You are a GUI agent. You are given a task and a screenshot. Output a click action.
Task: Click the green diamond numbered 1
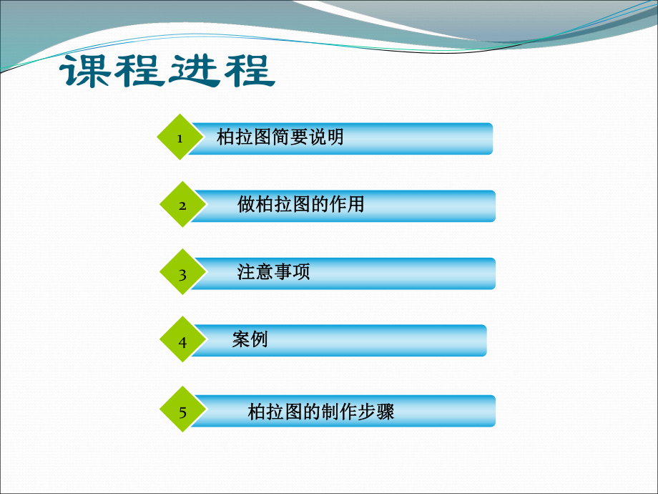click(180, 137)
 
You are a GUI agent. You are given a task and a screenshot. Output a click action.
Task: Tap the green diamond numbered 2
click(182, 205)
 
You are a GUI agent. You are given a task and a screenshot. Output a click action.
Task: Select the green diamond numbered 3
click(182, 273)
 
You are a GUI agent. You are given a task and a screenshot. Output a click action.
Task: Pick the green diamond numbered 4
click(182, 342)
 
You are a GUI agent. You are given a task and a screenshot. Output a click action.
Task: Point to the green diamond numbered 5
click(182, 412)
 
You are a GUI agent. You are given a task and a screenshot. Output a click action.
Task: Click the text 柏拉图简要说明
click(280, 137)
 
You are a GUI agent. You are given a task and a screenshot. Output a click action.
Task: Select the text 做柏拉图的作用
click(300, 205)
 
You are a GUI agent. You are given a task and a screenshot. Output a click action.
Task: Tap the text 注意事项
click(273, 272)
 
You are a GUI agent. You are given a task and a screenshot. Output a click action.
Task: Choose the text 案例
click(250, 339)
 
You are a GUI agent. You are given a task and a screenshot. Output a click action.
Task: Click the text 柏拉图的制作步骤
click(320, 412)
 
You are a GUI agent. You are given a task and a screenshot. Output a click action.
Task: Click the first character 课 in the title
click(85, 72)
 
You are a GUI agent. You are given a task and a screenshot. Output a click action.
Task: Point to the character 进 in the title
click(194, 72)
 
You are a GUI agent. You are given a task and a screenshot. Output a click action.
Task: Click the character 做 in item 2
click(247, 205)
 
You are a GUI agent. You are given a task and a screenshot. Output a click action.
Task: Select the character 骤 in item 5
click(386, 412)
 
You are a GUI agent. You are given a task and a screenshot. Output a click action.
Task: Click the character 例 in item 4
click(259, 339)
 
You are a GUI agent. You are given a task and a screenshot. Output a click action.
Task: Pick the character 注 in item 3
click(246, 272)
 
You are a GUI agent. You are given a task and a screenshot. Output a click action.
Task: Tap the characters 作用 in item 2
click(346, 205)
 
